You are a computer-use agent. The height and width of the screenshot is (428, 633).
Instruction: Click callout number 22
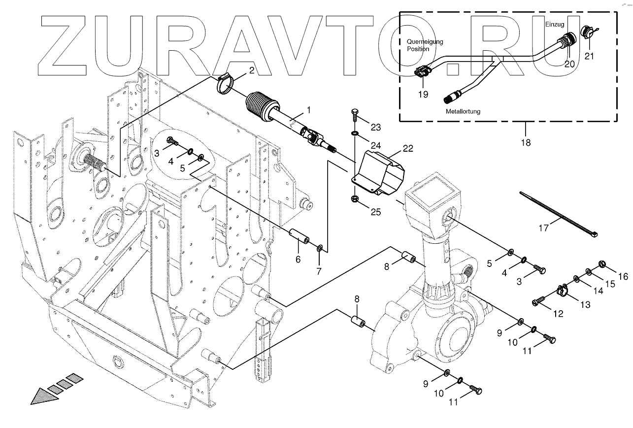[407, 148]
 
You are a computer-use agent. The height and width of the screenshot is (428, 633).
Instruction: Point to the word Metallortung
[463, 111]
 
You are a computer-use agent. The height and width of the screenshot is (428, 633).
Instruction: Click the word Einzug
[555, 24]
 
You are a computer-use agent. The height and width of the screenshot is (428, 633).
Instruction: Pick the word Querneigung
[425, 42]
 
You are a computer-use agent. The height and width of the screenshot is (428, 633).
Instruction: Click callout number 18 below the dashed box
[526, 142]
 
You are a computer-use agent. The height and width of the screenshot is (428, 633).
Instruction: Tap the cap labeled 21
[587, 32]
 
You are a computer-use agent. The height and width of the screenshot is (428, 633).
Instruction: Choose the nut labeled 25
[355, 198]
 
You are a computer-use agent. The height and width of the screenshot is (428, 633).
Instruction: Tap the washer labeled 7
[320, 247]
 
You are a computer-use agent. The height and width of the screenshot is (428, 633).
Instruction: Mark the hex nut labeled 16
[602, 265]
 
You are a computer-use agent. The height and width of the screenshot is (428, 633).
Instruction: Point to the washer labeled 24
[355, 133]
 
